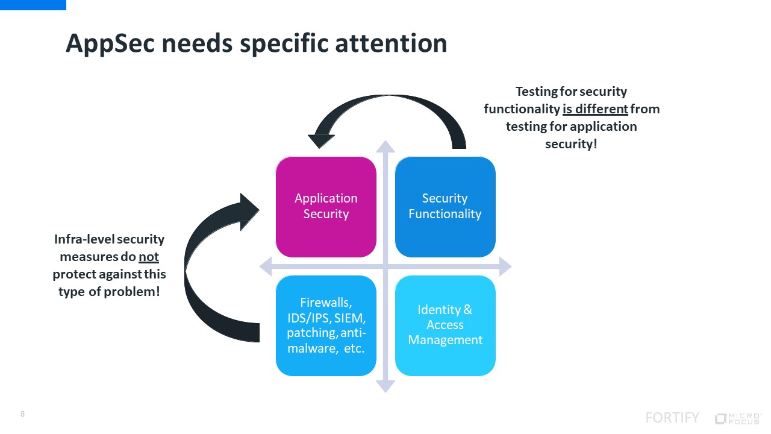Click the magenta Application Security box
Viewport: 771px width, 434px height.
326,207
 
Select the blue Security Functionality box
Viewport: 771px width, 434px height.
445,207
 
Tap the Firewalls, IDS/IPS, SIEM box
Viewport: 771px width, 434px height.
326,325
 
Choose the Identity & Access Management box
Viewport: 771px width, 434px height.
445,325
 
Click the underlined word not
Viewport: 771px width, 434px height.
149,257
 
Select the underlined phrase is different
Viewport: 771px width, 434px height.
595,109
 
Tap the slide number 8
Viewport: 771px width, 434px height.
23,414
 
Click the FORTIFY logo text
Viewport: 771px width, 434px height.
672,418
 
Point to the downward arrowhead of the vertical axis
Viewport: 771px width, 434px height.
385,386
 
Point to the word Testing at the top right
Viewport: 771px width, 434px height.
538,92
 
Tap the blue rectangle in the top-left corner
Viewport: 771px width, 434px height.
33,5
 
